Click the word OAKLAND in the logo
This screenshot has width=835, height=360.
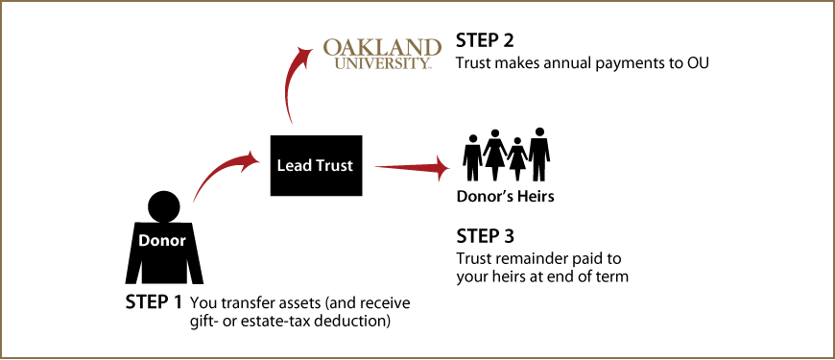pyautogui.click(x=383, y=48)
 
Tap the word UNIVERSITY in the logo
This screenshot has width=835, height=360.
pyautogui.click(x=381, y=63)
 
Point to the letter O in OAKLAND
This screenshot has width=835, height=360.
pyautogui.click(x=332, y=48)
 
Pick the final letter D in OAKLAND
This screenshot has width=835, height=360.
pyautogui.click(x=433, y=48)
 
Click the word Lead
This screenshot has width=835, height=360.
pyautogui.click(x=294, y=166)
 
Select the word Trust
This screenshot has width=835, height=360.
pyautogui.click(x=334, y=166)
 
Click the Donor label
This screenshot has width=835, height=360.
pyautogui.click(x=162, y=241)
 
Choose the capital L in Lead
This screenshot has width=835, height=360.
pyautogui.click(x=281, y=166)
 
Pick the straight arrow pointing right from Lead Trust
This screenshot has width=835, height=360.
pyautogui.click(x=411, y=168)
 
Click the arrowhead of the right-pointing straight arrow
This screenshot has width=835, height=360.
pyautogui.click(x=441, y=169)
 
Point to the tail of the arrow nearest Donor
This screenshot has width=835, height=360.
pyautogui.click(x=195, y=200)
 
